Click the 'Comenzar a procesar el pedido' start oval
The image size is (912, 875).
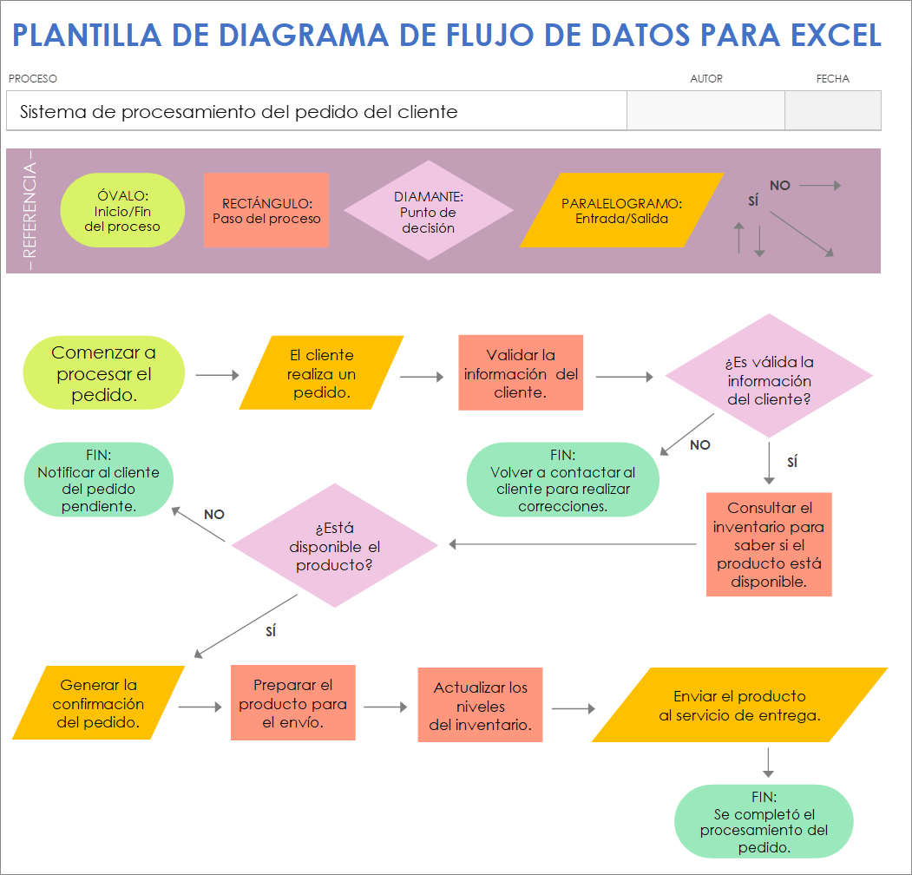(x=104, y=373)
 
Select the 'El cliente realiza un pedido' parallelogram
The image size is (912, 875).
(x=321, y=373)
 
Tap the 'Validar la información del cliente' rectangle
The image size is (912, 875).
(x=521, y=373)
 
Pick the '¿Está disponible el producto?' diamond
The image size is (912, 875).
(x=335, y=545)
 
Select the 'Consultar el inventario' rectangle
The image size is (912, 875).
(x=769, y=544)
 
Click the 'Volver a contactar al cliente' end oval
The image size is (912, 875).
(x=562, y=480)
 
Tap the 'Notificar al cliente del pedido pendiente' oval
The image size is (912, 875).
(x=99, y=480)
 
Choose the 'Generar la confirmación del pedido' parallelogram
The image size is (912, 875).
(x=99, y=703)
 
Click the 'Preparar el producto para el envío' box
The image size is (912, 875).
(x=293, y=703)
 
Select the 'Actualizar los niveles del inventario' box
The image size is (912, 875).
(x=480, y=705)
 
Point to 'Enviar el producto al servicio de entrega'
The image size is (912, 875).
(x=739, y=705)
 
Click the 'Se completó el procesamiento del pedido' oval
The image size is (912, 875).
(x=764, y=822)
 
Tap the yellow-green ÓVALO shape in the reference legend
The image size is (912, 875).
(x=122, y=210)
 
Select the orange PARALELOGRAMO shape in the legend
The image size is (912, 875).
(x=621, y=210)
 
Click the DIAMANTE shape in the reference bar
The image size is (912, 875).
(x=428, y=210)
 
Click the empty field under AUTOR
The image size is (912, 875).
(x=705, y=111)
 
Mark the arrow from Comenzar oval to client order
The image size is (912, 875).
(x=217, y=375)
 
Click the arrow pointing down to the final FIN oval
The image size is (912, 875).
(x=768, y=762)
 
